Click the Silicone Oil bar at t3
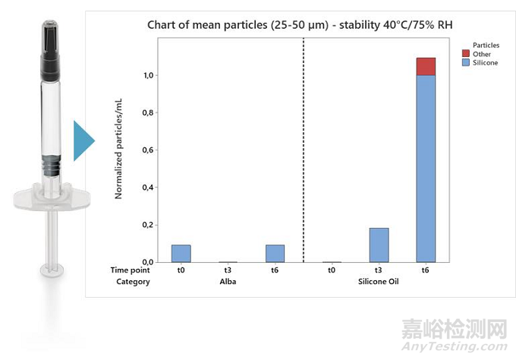coord(379,245)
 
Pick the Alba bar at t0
coord(181,253)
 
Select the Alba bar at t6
coord(275,253)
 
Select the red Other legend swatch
coord(465,54)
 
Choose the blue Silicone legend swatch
coord(465,62)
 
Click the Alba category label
coord(228,282)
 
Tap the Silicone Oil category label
coord(379,282)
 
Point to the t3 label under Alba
coord(228,269)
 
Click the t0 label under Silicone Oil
coord(332,269)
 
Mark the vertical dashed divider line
coord(304,152)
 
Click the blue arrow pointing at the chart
coord(83,141)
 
